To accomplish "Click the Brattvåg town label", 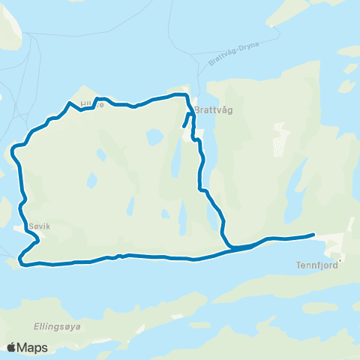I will coord(214,109).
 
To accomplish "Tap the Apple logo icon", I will coord(12,347).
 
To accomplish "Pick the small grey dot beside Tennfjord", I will coord(340,262).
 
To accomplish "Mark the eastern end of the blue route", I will coord(313,235).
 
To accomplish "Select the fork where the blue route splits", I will coord(229,246).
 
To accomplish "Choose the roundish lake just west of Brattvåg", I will coord(154,137).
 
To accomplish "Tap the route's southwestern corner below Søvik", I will coord(22,261).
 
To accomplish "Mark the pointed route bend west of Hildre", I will coord(69,103).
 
